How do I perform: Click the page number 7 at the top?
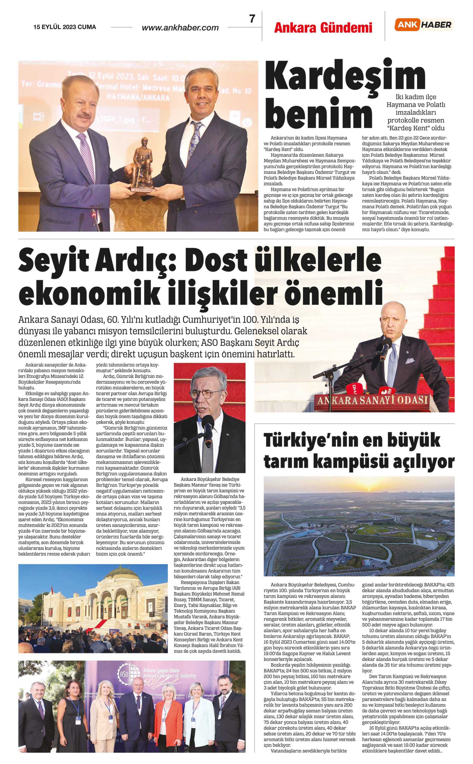point(252,19)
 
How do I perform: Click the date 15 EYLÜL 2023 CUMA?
point(65,27)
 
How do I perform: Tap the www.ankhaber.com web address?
point(180,28)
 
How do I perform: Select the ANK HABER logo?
point(424,25)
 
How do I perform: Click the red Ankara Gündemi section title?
point(323,28)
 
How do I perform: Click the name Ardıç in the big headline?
point(135,261)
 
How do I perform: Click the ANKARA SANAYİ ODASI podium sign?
point(372,400)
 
